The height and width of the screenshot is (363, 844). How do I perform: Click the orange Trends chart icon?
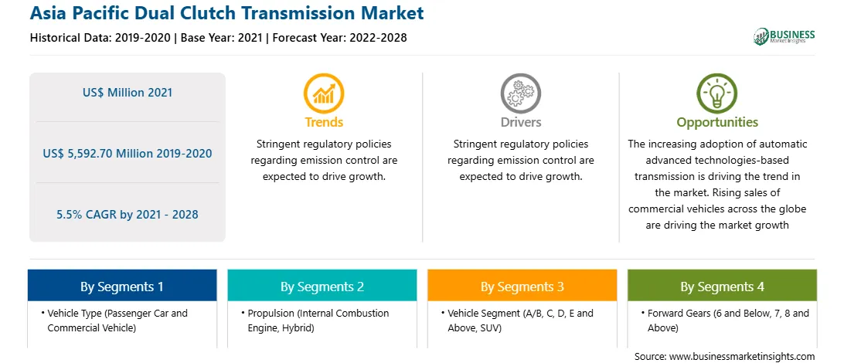tap(324, 93)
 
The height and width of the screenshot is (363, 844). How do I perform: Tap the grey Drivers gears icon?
tap(520, 93)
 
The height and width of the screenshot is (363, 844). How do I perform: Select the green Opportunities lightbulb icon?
tap(717, 93)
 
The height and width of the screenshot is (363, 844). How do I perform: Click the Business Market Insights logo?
tap(784, 36)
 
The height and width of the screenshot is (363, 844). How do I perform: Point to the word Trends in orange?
tap(324, 122)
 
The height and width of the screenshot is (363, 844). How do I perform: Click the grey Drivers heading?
tap(520, 122)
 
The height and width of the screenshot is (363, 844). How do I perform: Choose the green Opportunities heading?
tap(717, 122)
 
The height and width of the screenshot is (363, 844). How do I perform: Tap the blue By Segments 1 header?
tap(122, 286)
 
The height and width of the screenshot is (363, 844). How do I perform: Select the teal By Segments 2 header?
tap(322, 286)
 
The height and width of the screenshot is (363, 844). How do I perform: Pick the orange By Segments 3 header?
tap(522, 286)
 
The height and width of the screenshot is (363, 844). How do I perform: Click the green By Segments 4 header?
tap(722, 286)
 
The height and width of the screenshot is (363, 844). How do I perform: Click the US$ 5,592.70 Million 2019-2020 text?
tap(128, 153)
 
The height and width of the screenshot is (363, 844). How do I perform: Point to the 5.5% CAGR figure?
tap(128, 215)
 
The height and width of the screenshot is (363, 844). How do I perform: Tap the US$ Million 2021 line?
tap(128, 92)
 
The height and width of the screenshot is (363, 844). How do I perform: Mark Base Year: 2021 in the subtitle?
tap(221, 38)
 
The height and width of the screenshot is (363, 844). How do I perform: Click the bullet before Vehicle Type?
tap(42, 313)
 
